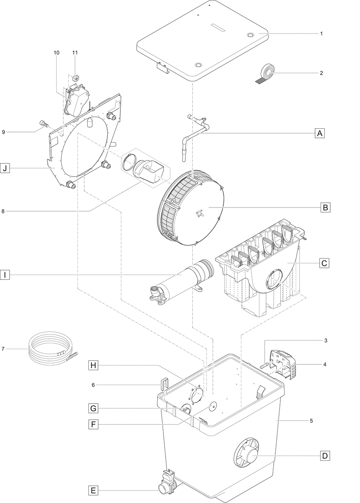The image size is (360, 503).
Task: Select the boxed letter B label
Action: pyautogui.click(x=325, y=207)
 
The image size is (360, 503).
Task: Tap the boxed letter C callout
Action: pyautogui.click(x=324, y=263)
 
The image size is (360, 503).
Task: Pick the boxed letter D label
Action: pyautogui.click(x=324, y=455)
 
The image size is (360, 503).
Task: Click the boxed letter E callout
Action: pyautogui.click(x=93, y=490)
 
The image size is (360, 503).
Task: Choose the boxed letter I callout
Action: pyautogui.click(x=5, y=275)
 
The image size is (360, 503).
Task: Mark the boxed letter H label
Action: pyautogui.click(x=93, y=366)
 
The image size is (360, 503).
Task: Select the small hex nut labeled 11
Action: pyautogui.click(x=75, y=78)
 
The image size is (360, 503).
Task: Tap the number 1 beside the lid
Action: pyautogui.click(x=321, y=33)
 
